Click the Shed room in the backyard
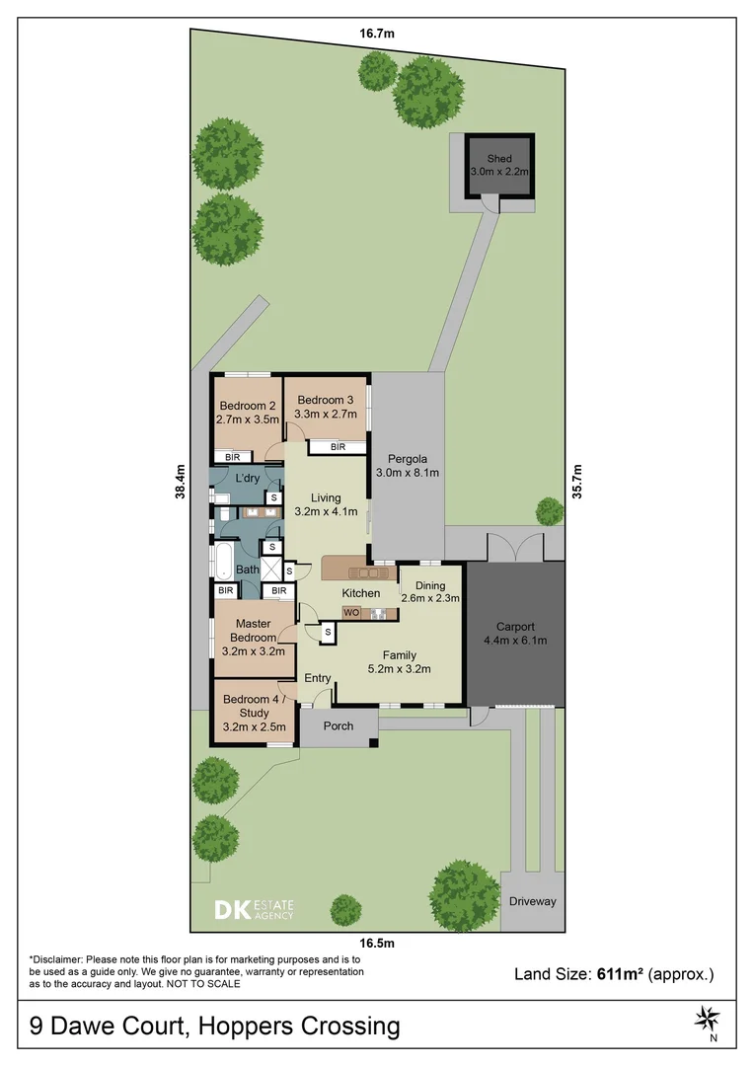click(499, 164)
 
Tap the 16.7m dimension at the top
click(377, 34)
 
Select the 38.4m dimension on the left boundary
click(181, 484)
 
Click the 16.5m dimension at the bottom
click(377, 943)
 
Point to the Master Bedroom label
click(253, 630)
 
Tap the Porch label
click(338, 727)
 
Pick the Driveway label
click(533, 901)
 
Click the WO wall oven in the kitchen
click(350, 613)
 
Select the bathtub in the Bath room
click(224, 562)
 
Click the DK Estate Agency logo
click(255, 909)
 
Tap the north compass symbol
click(707, 1017)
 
